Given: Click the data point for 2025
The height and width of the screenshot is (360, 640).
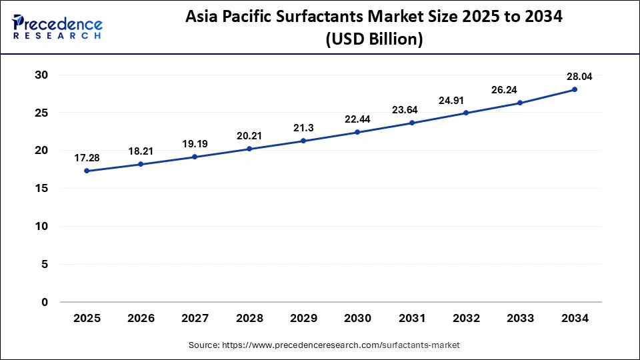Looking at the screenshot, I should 87,171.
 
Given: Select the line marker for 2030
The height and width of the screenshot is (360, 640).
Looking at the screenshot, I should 357,132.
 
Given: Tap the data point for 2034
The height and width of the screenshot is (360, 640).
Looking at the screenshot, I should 574,89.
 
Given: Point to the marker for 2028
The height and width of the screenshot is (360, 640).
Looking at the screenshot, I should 249,149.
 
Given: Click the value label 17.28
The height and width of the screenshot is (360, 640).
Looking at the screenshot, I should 87,158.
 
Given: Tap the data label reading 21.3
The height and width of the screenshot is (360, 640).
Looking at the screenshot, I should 303,127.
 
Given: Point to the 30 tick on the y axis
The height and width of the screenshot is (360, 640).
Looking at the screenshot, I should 41,75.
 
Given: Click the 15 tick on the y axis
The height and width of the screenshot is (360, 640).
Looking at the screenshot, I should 41,189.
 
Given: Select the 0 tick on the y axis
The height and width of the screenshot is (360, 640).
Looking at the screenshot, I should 45,302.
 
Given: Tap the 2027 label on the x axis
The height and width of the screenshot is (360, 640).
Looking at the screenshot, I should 195,319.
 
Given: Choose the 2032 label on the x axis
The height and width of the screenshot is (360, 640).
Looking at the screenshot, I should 466,319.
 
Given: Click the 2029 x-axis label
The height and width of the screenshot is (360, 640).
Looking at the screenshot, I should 303,319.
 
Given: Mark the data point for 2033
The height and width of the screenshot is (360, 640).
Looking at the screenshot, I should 520,103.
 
